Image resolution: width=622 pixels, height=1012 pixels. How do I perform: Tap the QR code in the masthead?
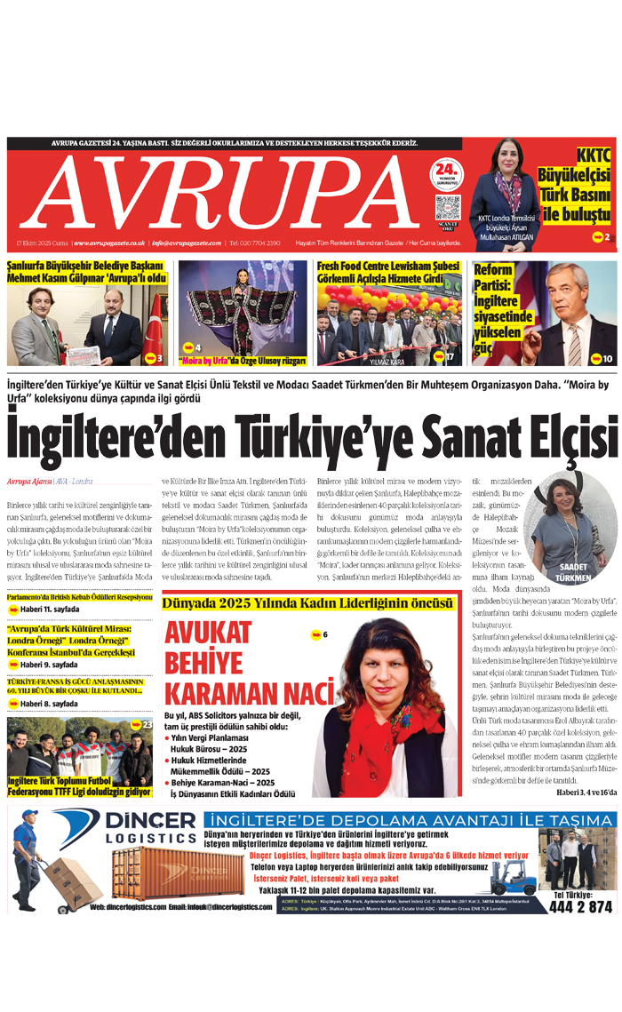pyautogui.click(x=447, y=209)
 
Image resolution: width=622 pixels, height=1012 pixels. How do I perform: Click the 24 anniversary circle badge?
pyautogui.click(x=447, y=171)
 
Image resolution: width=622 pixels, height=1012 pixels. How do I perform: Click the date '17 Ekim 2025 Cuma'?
pyautogui.click(x=42, y=243)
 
